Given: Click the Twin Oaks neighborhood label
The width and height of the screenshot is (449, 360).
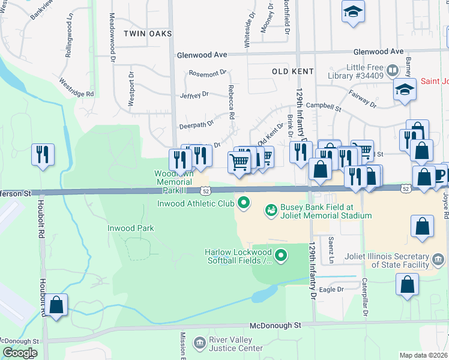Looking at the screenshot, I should pos(148,34).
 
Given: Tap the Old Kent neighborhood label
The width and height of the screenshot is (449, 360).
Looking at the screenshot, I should pos(293,71).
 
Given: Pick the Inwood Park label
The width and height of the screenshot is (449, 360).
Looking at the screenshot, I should pos(130,228).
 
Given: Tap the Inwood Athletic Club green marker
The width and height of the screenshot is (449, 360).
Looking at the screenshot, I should pos(243,203).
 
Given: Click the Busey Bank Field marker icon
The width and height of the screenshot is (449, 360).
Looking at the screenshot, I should pos(271,211).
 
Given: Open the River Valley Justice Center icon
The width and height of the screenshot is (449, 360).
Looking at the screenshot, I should pos(199,343).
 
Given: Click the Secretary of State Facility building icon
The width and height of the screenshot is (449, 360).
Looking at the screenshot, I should pos(439,259).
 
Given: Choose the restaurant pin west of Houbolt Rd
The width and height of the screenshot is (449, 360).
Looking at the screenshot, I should pos(42,154).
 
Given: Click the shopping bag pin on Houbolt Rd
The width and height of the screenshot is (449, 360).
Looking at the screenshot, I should pos(56,305).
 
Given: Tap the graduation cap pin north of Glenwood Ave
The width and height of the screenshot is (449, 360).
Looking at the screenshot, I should pos(354,11).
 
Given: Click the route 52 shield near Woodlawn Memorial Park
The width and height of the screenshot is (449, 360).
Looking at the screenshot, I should pos(206,190).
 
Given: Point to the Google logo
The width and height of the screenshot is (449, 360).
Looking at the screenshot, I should pos(20,353).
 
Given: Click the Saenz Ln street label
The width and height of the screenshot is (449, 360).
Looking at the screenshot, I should pos(331,250).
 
